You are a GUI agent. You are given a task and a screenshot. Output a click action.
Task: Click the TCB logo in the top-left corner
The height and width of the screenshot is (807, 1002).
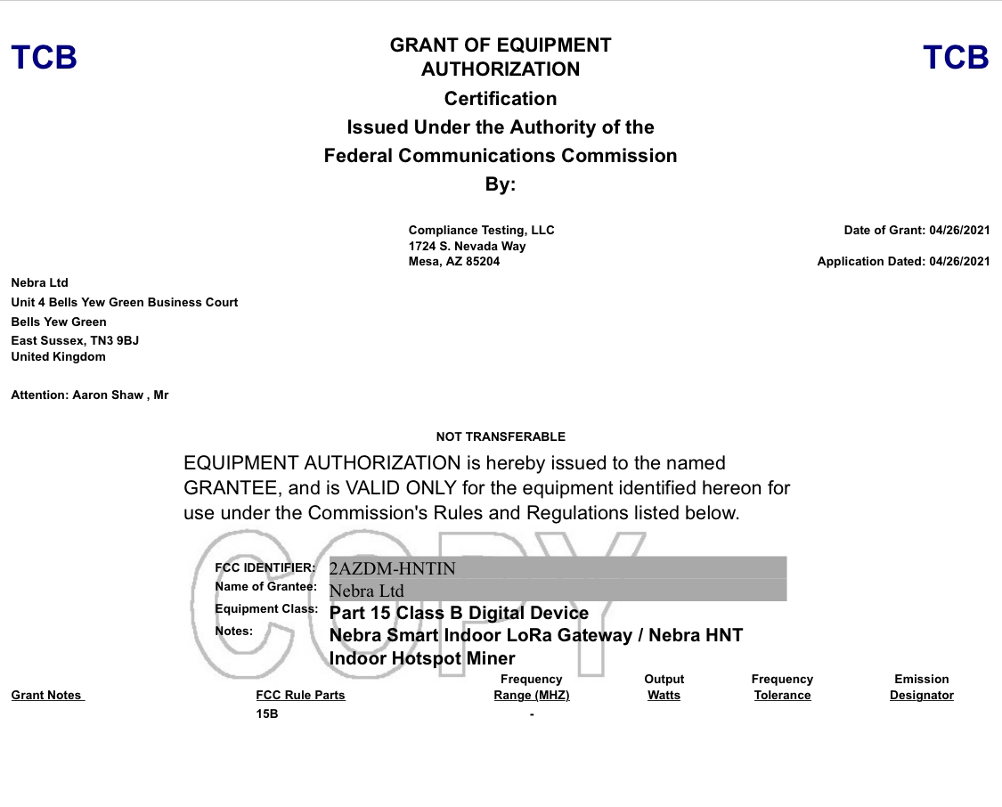[45, 58]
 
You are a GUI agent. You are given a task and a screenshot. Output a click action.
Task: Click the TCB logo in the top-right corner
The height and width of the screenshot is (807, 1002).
[956, 58]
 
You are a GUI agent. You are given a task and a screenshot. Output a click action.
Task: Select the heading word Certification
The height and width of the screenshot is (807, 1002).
[501, 99]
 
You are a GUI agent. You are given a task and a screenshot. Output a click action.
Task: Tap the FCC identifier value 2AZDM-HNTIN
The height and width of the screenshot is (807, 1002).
[393, 568]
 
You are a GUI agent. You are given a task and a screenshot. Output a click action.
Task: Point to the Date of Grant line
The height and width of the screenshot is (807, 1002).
[916, 231]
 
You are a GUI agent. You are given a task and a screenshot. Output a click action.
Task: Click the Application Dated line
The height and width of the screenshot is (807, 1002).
[903, 262]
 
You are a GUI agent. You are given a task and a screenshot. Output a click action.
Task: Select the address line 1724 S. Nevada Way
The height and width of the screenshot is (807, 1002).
[467, 246]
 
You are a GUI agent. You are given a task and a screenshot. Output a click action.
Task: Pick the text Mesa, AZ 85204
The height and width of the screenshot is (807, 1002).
[454, 262]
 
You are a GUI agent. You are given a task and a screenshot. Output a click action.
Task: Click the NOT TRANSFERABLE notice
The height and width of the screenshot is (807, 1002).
[501, 437]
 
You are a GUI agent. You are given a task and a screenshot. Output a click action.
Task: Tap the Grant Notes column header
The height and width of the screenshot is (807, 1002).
[47, 696]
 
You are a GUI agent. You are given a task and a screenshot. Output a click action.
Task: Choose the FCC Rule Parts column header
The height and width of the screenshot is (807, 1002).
[300, 696]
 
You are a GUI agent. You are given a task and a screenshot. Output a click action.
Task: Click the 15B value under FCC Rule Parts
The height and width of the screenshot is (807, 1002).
[267, 714]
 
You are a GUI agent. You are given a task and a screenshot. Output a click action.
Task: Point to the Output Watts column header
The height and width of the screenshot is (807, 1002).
[664, 687]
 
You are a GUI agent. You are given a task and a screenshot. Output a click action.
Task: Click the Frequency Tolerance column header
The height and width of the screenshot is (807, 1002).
[782, 687]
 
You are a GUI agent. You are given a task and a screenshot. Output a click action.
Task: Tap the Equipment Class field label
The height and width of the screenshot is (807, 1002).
[266, 609]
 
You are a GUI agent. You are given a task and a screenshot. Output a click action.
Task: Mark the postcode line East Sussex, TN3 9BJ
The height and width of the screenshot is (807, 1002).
[75, 341]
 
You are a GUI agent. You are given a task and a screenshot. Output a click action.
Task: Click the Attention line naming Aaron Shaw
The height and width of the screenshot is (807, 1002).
[90, 395]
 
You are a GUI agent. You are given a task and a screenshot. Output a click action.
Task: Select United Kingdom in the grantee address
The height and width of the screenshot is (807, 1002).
[58, 357]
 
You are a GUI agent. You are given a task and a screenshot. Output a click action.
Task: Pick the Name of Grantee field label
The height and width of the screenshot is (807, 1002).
[266, 587]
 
